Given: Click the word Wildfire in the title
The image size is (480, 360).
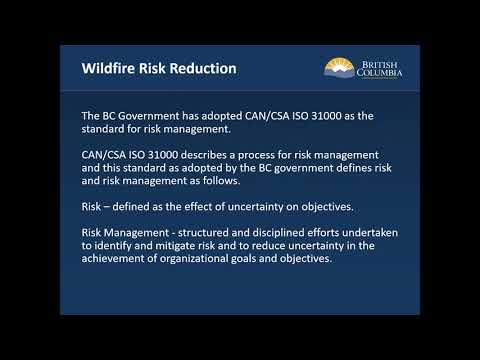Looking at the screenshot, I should (x=107, y=69).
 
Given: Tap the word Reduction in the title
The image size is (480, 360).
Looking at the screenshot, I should (x=203, y=69).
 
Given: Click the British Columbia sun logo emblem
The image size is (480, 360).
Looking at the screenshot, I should (x=337, y=68).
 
